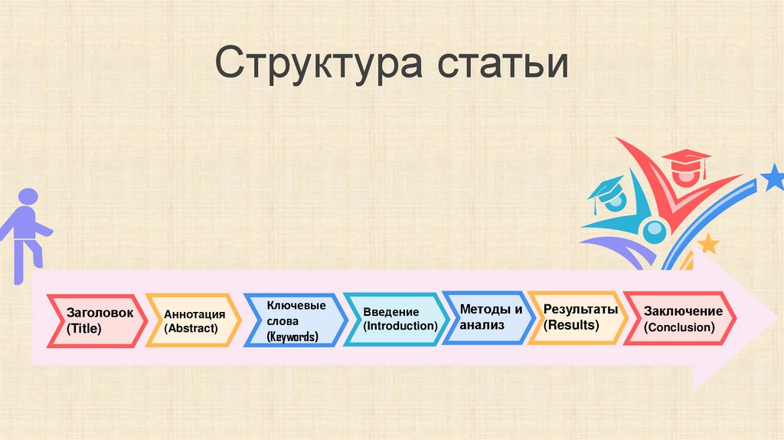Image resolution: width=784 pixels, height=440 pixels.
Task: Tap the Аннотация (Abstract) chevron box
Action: (194, 320)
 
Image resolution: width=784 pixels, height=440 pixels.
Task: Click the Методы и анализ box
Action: (488, 317)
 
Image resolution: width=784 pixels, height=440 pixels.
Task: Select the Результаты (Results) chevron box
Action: (577, 317)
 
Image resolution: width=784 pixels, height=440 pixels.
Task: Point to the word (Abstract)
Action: (191, 328)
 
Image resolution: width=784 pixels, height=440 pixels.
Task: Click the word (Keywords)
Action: (292, 337)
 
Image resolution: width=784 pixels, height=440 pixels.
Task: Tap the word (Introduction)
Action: (400, 326)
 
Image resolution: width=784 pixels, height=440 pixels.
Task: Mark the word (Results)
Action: (571, 324)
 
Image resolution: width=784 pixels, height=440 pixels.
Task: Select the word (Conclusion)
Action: (680, 327)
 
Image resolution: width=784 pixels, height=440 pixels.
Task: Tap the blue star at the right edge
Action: (773, 179)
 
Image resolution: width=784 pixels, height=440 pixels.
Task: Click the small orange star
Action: (708, 244)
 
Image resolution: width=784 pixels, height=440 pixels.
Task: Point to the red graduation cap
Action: (686, 162)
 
